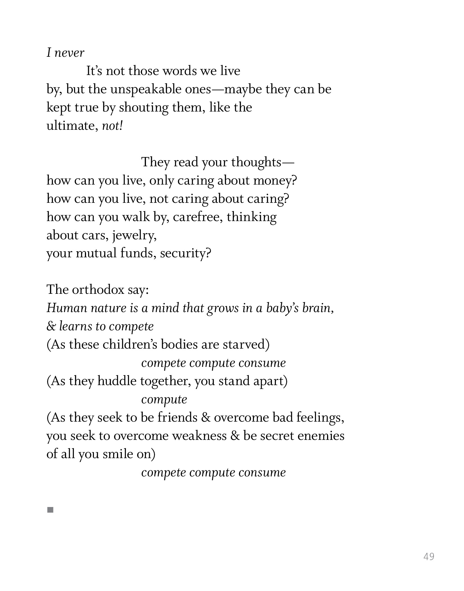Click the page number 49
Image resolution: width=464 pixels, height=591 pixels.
pyautogui.click(x=429, y=556)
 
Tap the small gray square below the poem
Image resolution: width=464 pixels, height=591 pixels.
pyautogui.click(x=50, y=510)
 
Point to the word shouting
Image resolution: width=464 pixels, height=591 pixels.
pyautogui.click(x=143, y=108)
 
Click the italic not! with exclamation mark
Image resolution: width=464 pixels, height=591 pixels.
pyautogui.click(x=112, y=126)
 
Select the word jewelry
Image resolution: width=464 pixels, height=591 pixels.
pyautogui.click(x=134, y=235)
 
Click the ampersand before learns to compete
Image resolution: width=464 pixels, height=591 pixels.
pyautogui.click(x=51, y=326)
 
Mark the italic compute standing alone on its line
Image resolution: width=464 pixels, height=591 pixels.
pyautogui.click(x=164, y=399)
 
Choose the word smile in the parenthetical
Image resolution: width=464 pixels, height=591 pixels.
pyautogui.click(x=118, y=454)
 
